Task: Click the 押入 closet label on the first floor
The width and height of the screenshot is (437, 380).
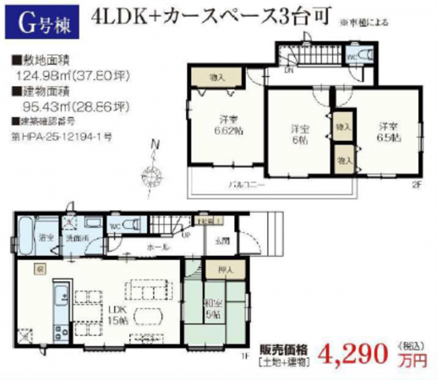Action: tap(216, 272)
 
